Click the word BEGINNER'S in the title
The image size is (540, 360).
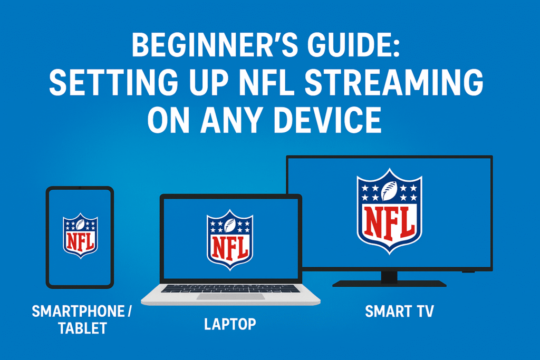click(x=215, y=45)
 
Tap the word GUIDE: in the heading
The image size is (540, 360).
click(x=354, y=45)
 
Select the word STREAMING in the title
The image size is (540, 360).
click(x=394, y=82)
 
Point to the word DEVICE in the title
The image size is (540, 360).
click(x=327, y=120)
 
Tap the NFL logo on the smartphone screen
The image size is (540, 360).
click(x=80, y=236)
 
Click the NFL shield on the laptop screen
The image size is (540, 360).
click(x=230, y=239)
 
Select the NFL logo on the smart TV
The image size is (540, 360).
click(x=390, y=211)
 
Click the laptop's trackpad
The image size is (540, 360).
click(x=231, y=296)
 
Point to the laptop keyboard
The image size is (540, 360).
click(x=230, y=288)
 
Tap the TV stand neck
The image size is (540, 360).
click(x=390, y=276)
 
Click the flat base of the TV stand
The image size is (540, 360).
click(x=390, y=284)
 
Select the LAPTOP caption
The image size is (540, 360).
click(x=230, y=324)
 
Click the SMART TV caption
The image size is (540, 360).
click(x=400, y=312)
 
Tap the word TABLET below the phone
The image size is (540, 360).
click(x=83, y=328)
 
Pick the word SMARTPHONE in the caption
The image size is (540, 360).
click(x=78, y=311)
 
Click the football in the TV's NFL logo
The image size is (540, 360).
click(x=389, y=191)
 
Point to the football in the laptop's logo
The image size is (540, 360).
click(x=230, y=226)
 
